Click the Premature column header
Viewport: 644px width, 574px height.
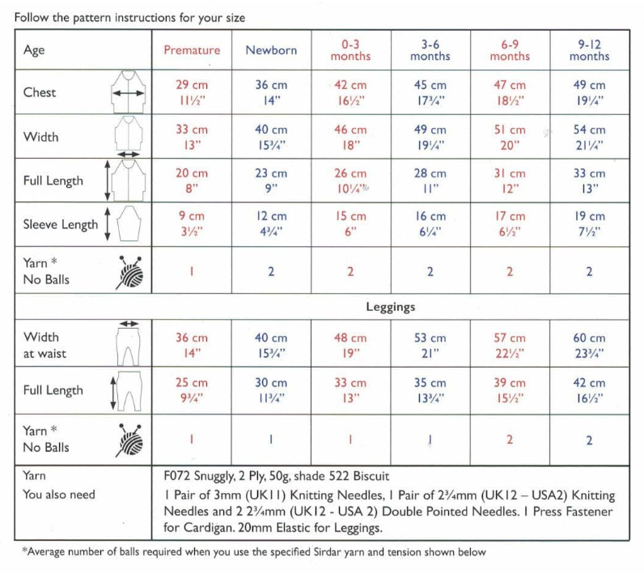click(x=192, y=50)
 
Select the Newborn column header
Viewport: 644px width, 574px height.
click(x=271, y=50)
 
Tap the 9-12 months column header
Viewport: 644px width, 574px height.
click(x=589, y=50)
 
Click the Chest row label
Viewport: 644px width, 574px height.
click(x=40, y=92)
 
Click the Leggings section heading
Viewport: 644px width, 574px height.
click(x=391, y=308)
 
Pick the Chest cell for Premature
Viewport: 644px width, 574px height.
click(x=192, y=92)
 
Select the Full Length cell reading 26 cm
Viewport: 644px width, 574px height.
click(x=350, y=181)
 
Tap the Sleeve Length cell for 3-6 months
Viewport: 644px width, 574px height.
click(x=430, y=224)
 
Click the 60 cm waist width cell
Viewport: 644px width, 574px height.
click(x=589, y=346)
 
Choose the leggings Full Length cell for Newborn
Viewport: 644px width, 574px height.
click(x=271, y=390)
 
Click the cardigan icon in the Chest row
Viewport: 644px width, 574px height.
click(x=129, y=92)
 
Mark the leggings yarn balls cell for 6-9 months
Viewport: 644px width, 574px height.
click(x=510, y=440)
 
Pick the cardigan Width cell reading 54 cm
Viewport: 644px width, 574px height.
click(x=589, y=137)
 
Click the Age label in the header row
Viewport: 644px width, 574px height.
click(x=34, y=50)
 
